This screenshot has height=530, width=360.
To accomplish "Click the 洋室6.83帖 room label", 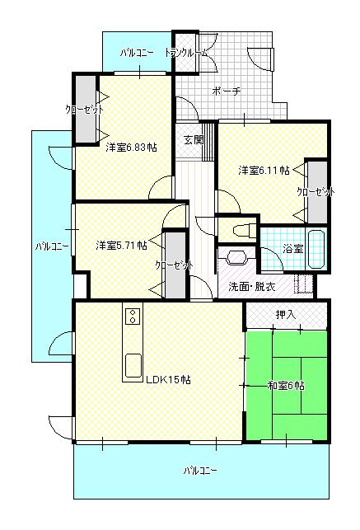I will coord(131,148).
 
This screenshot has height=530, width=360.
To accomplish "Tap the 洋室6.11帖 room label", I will coord(264,171).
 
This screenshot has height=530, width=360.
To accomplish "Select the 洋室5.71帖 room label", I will coord(121,245).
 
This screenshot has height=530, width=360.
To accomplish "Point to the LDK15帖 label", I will coord(169,380).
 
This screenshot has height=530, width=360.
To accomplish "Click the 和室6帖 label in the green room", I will coord(286,385).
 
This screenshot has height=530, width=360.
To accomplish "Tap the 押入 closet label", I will coord(286,315).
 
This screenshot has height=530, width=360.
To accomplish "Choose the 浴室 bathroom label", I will coord(292,248).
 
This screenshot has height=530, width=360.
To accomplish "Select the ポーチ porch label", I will coord(225,91).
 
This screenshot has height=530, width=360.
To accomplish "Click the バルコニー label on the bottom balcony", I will coord(201,471).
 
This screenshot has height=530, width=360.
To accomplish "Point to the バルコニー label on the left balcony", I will coord(51,246).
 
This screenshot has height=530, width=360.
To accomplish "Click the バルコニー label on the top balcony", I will coord(136,53).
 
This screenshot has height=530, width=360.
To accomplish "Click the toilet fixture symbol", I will coord(242,228).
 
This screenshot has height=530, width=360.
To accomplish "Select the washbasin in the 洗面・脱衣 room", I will coord(236,256).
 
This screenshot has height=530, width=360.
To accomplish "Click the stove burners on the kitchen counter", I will coord(132,316).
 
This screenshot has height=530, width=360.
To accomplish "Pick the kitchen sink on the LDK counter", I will coord(132,364).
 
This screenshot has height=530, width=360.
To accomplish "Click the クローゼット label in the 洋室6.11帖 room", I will coord(316,192).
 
